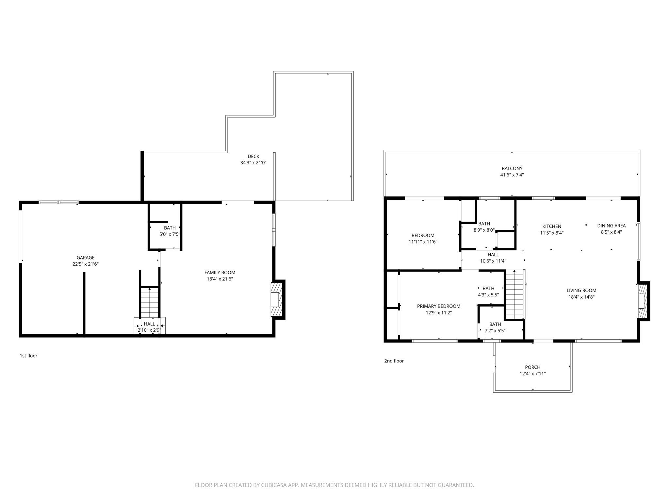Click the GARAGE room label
click(x=86, y=258)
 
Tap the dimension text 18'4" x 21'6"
click(x=220, y=279)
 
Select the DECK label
click(x=253, y=157)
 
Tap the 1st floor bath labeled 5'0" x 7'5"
click(x=170, y=231)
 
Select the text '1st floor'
click(x=28, y=356)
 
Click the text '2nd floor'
click(x=394, y=361)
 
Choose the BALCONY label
click(x=512, y=169)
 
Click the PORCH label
click(x=532, y=367)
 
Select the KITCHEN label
click(x=552, y=226)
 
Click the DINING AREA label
click(x=611, y=226)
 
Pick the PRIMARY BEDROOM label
click(x=438, y=306)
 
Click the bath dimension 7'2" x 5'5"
click(x=495, y=330)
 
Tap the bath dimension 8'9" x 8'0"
click(x=484, y=230)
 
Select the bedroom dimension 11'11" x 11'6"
click(x=423, y=242)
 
